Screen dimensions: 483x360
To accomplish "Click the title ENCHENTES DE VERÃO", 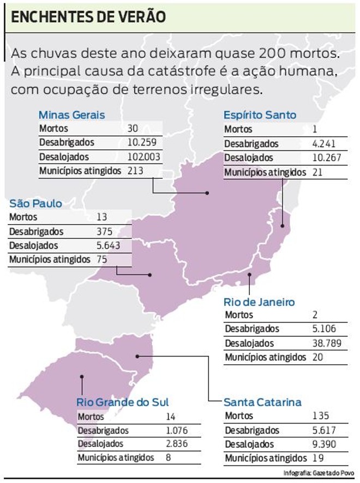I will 88,17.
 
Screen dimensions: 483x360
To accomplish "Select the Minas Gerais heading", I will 71,115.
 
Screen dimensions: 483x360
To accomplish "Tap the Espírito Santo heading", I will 260,115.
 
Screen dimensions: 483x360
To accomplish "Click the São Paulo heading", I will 35,203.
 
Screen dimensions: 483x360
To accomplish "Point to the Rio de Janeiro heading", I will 259,302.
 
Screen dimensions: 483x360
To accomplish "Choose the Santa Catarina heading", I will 262,402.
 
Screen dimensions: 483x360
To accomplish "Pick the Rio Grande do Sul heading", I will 123,402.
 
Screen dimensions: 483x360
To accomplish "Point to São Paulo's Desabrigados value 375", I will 104,231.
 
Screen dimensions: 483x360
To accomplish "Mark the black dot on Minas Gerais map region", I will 207,193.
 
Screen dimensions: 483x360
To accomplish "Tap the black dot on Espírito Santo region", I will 282,225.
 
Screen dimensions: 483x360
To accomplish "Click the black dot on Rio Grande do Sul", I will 82,376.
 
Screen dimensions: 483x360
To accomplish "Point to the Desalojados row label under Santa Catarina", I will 249,444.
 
